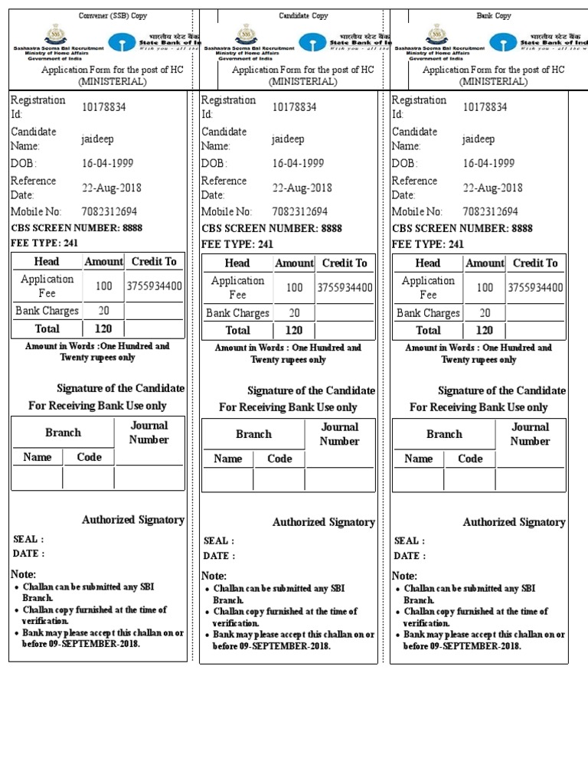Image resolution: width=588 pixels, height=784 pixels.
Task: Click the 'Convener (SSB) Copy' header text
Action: coord(113,15)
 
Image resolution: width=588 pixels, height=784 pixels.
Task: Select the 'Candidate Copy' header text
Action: coord(303,15)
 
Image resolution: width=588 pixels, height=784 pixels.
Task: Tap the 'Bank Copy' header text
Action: coord(494,15)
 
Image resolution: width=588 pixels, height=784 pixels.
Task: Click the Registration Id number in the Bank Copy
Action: coord(485,107)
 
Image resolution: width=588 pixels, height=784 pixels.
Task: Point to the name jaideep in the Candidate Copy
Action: coord(288,139)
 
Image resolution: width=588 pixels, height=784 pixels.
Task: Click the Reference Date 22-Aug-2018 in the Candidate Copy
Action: coord(302,188)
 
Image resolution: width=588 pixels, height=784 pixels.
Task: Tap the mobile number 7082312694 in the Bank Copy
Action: coord(490,211)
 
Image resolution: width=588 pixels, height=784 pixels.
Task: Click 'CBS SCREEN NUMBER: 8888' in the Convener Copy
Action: coord(77,227)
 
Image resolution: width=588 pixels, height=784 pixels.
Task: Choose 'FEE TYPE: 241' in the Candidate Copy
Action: coord(237,244)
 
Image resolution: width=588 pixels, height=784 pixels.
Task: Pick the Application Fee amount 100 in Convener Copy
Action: coord(103,286)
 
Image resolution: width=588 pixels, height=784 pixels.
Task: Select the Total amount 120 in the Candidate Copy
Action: coord(293,331)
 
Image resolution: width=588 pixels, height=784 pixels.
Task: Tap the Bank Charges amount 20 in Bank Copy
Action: coord(485,313)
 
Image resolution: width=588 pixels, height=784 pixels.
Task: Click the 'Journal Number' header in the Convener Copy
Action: coord(149,433)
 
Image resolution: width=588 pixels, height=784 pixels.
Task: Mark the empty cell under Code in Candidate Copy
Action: coord(279,480)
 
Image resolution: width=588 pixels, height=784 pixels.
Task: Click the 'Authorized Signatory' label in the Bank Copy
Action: coord(514,522)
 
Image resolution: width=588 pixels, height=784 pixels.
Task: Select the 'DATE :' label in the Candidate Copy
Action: coord(219,556)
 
